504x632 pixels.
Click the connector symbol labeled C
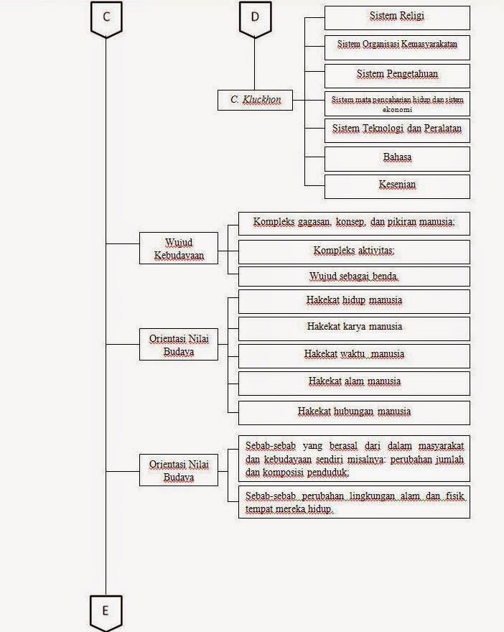[x=106, y=18]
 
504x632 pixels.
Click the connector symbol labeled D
[x=255, y=18]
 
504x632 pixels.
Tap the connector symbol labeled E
[x=106, y=612]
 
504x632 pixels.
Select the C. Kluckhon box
[x=256, y=100]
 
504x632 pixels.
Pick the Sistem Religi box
[x=397, y=17]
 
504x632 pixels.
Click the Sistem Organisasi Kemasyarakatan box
[x=397, y=45]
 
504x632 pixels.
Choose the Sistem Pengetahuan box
[x=397, y=75]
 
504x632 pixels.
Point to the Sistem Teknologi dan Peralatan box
[x=397, y=131]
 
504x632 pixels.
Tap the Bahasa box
[x=397, y=158]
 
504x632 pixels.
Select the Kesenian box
[x=397, y=186]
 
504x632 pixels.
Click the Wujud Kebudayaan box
[x=178, y=249]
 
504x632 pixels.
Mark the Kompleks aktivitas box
[x=354, y=251]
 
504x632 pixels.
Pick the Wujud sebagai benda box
[x=354, y=276]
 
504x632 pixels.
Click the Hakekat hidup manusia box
[x=354, y=301]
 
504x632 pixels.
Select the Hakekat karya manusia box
[x=354, y=327]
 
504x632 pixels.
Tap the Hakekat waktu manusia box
[x=354, y=355]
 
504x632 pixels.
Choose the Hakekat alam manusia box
[x=354, y=382]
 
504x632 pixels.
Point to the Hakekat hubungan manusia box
[x=354, y=412]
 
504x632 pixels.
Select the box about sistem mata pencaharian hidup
[x=397, y=104]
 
